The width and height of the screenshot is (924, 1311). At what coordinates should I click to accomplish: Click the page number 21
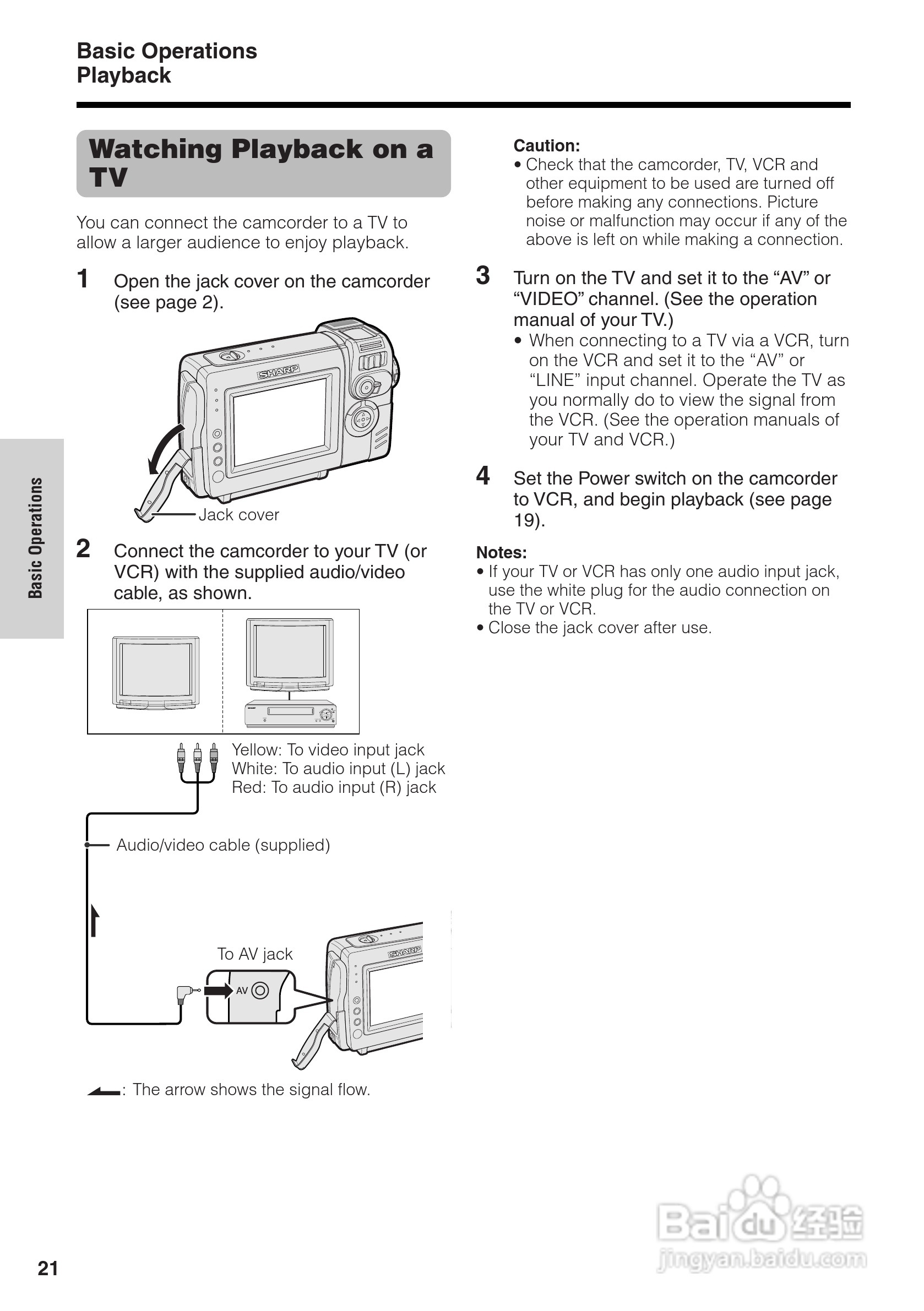48,1268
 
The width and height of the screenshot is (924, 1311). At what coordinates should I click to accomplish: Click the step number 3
483,276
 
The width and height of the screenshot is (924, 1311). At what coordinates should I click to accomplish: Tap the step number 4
483,476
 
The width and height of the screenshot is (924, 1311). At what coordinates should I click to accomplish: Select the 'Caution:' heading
546,145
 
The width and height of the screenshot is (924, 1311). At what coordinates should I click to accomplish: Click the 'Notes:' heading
502,553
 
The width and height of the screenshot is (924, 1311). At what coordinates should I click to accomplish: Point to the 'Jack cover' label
239,515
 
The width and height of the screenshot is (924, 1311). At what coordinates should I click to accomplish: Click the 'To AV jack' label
255,954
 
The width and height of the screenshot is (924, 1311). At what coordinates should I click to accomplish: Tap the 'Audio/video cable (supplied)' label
223,845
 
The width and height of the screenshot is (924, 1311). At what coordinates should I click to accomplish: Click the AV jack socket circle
260,990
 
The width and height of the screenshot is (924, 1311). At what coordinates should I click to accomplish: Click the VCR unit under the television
290,714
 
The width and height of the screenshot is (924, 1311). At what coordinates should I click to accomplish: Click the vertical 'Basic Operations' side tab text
36,538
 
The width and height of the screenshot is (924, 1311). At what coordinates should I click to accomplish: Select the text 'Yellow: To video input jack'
328,750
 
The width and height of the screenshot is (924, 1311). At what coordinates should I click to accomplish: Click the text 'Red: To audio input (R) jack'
334,787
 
